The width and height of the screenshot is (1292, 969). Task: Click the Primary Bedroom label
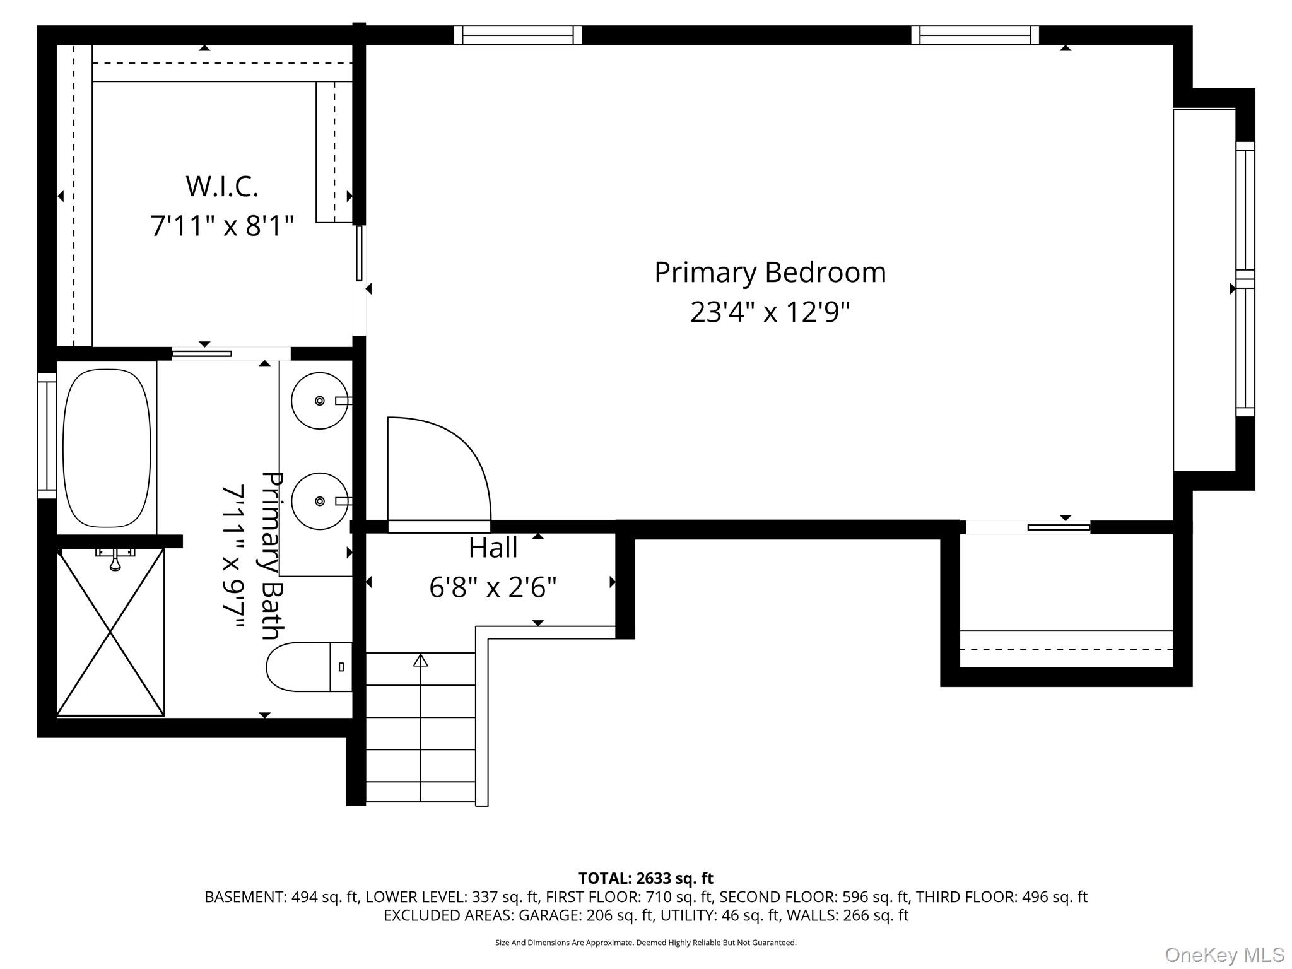click(x=770, y=273)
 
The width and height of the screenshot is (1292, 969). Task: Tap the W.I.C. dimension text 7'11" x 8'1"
click(x=222, y=225)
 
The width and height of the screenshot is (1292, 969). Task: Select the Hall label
click(x=493, y=548)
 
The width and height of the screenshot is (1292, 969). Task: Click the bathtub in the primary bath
click(x=107, y=448)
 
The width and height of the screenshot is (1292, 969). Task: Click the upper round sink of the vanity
click(x=319, y=401)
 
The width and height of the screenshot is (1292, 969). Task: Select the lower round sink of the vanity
click(x=319, y=501)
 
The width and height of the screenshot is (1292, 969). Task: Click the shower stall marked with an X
click(x=110, y=632)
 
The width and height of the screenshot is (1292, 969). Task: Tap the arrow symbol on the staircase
click(x=421, y=661)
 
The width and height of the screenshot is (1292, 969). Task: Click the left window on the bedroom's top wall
click(x=517, y=35)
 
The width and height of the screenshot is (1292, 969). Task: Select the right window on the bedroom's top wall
click(x=975, y=35)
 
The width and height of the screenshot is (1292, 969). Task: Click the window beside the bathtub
click(x=47, y=435)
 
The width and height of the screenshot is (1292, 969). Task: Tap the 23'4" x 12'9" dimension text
click(x=770, y=312)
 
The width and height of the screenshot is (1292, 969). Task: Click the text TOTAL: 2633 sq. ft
click(x=645, y=878)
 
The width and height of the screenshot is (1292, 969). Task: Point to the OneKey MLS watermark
click(x=1224, y=955)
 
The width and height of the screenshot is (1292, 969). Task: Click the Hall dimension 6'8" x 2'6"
click(x=493, y=588)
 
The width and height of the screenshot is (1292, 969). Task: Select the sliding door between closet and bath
click(x=202, y=354)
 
